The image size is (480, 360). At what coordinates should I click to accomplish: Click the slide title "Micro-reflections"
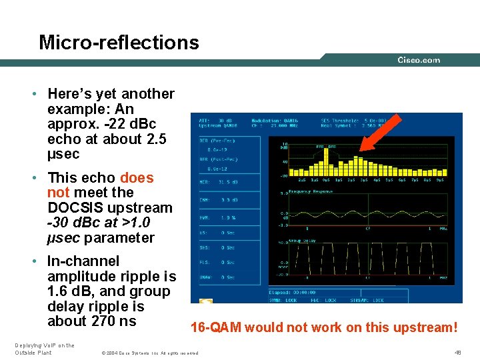(x=119, y=43)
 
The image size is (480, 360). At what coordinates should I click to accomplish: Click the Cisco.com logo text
(x=419, y=60)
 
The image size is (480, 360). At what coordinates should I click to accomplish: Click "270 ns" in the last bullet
(x=114, y=321)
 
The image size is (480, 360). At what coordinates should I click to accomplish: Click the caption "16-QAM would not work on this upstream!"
(x=324, y=327)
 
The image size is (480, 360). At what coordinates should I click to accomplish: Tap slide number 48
(x=457, y=351)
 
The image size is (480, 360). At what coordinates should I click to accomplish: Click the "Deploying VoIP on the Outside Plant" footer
(x=44, y=348)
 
